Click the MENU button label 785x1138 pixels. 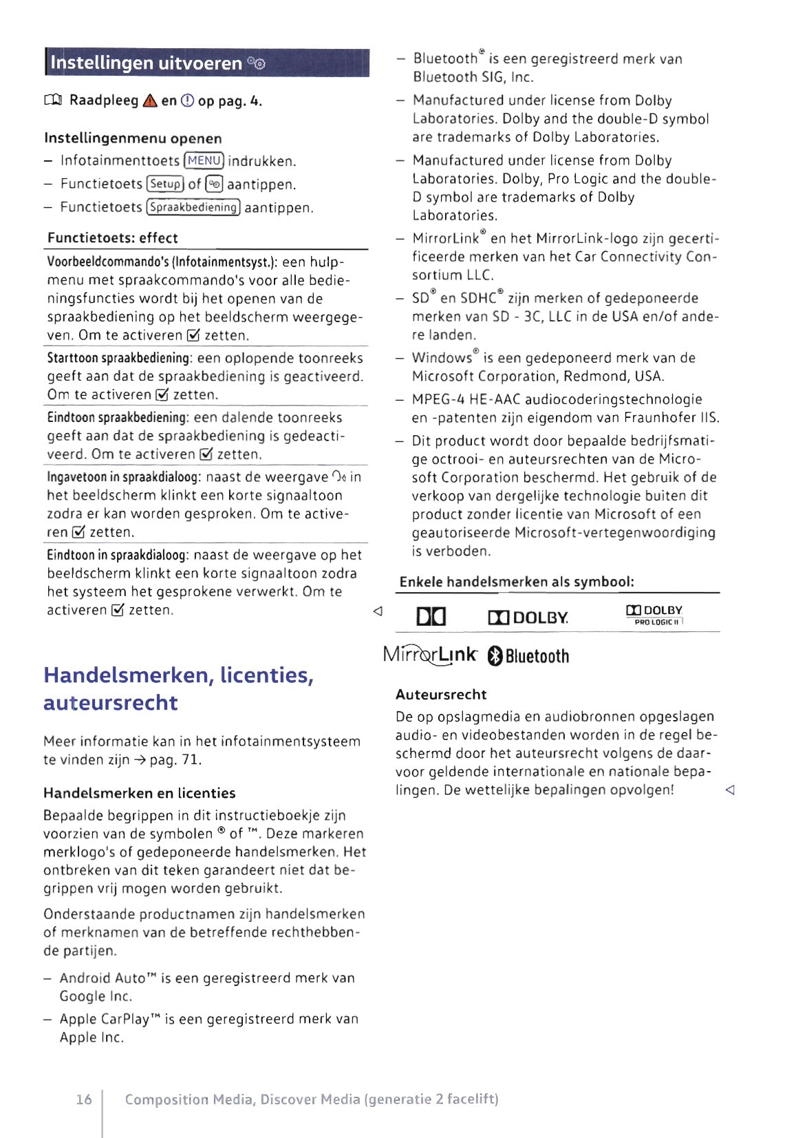point(204,161)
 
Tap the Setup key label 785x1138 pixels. point(166,185)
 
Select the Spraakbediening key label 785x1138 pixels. point(194,207)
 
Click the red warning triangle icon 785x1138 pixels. point(150,101)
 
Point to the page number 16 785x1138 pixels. point(84,1099)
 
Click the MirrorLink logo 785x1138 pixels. point(430,655)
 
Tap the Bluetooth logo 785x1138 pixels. point(528,656)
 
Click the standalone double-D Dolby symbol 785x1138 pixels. point(431,617)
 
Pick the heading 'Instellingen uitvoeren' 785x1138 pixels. point(146,63)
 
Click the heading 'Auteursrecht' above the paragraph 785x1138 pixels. point(441,695)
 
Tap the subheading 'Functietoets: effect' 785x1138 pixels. point(113,238)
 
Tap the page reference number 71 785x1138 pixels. point(191,760)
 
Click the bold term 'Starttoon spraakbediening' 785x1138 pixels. point(118,358)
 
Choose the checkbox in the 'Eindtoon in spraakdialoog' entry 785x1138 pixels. point(118,611)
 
